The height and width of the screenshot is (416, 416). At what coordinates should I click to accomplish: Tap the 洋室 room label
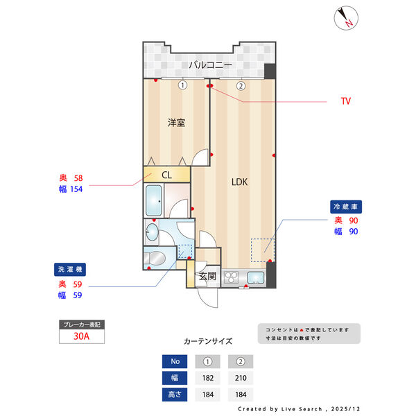(176, 123)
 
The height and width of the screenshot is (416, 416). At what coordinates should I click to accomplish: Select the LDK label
(239, 183)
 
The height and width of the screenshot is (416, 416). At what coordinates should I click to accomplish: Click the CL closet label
(166, 175)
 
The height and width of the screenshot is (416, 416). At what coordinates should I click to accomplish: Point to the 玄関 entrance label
(207, 276)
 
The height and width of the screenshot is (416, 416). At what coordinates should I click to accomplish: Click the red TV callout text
(345, 101)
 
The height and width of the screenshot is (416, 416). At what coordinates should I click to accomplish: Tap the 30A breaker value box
(82, 336)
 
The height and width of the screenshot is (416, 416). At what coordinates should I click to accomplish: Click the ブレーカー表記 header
(82, 324)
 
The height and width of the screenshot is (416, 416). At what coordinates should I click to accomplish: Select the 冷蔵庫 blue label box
(347, 207)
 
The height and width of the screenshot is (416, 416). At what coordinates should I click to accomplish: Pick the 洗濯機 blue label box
(71, 270)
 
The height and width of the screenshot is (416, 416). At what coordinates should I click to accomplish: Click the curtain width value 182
(207, 378)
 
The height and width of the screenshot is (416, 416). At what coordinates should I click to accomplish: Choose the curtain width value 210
(241, 378)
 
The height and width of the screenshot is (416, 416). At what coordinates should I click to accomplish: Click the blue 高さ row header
(175, 395)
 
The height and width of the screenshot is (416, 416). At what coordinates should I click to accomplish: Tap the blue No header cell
(175, 361)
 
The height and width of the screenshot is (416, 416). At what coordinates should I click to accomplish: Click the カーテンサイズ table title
(208, 342)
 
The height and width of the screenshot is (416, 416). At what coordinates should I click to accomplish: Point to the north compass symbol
(345, 18)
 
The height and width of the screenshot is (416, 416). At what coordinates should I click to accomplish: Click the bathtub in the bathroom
(155, 202)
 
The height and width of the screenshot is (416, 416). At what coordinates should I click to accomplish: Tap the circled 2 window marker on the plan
(241, 86)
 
